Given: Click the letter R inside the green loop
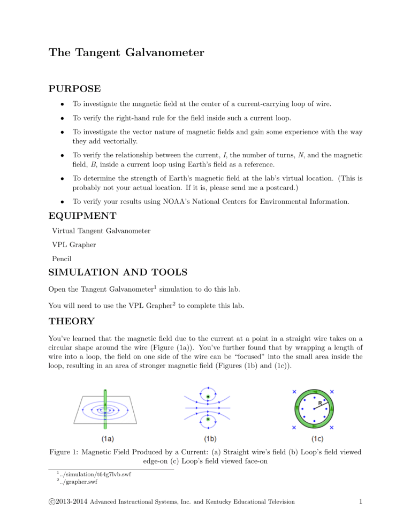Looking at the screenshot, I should [319, 402].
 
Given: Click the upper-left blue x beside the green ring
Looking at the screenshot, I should [294, 392].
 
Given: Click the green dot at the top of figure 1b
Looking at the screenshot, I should [208, 397].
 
